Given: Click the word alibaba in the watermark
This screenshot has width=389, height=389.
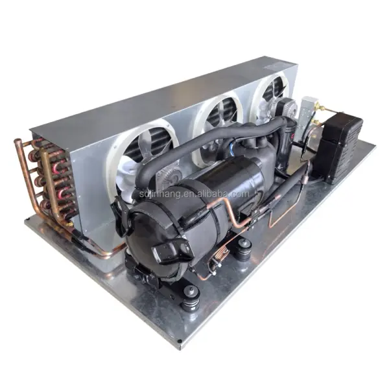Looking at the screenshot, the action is (x=217, y=194).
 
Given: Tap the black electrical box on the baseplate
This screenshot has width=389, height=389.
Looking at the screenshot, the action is (x=338, y=147).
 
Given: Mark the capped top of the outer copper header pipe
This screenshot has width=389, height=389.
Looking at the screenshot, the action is (x=18, y=142).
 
